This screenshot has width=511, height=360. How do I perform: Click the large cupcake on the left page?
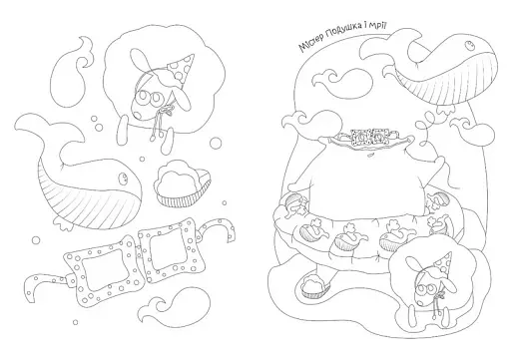pyautogui.click(x=182, y=182)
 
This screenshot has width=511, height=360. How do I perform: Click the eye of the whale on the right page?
pyautogui.click(x=470, y=45)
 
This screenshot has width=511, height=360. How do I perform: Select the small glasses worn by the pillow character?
pyautogui.click(x=369, y=137)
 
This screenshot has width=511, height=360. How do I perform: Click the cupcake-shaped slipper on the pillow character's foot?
pyautogui.click(x=313, y=286)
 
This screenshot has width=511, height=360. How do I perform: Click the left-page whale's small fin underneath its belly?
pyautogui.click(x=63, y=223)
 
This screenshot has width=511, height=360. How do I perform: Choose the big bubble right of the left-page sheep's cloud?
pyautogui.click(x=216, y=143)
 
